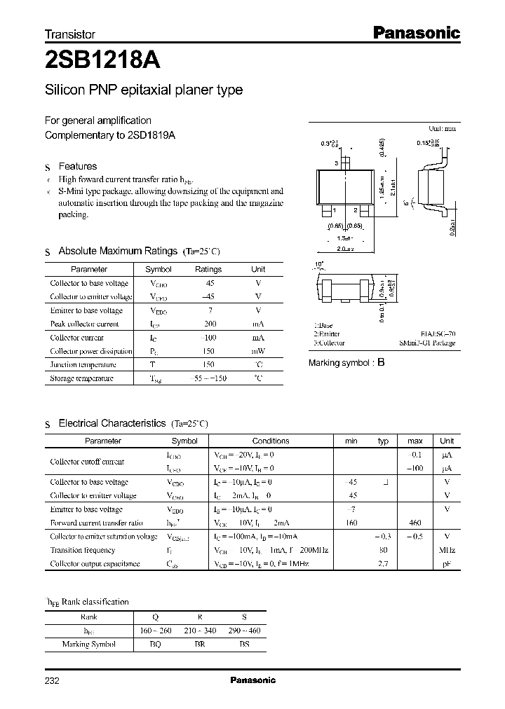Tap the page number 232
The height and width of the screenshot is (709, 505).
click(53, 680)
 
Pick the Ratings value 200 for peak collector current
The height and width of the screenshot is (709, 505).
click(208, 324)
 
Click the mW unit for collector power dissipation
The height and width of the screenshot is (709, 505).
click(258, 351)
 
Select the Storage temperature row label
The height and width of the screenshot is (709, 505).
click(81, 378)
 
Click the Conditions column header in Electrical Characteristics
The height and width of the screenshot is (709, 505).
click(271, 441)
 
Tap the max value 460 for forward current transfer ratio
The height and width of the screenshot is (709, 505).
click(415, 523)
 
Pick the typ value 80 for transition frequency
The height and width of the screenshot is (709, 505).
click(383, 550)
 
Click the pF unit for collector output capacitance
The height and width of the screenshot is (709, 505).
click(447, 563)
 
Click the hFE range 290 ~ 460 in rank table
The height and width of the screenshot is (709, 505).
click(244, 631)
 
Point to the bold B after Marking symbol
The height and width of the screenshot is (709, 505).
click(381, 363)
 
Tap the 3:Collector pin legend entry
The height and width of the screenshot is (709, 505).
click(329, 343)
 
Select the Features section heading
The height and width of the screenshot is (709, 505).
click(77, 167)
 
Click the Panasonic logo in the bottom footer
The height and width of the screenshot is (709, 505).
click(252, 680)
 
